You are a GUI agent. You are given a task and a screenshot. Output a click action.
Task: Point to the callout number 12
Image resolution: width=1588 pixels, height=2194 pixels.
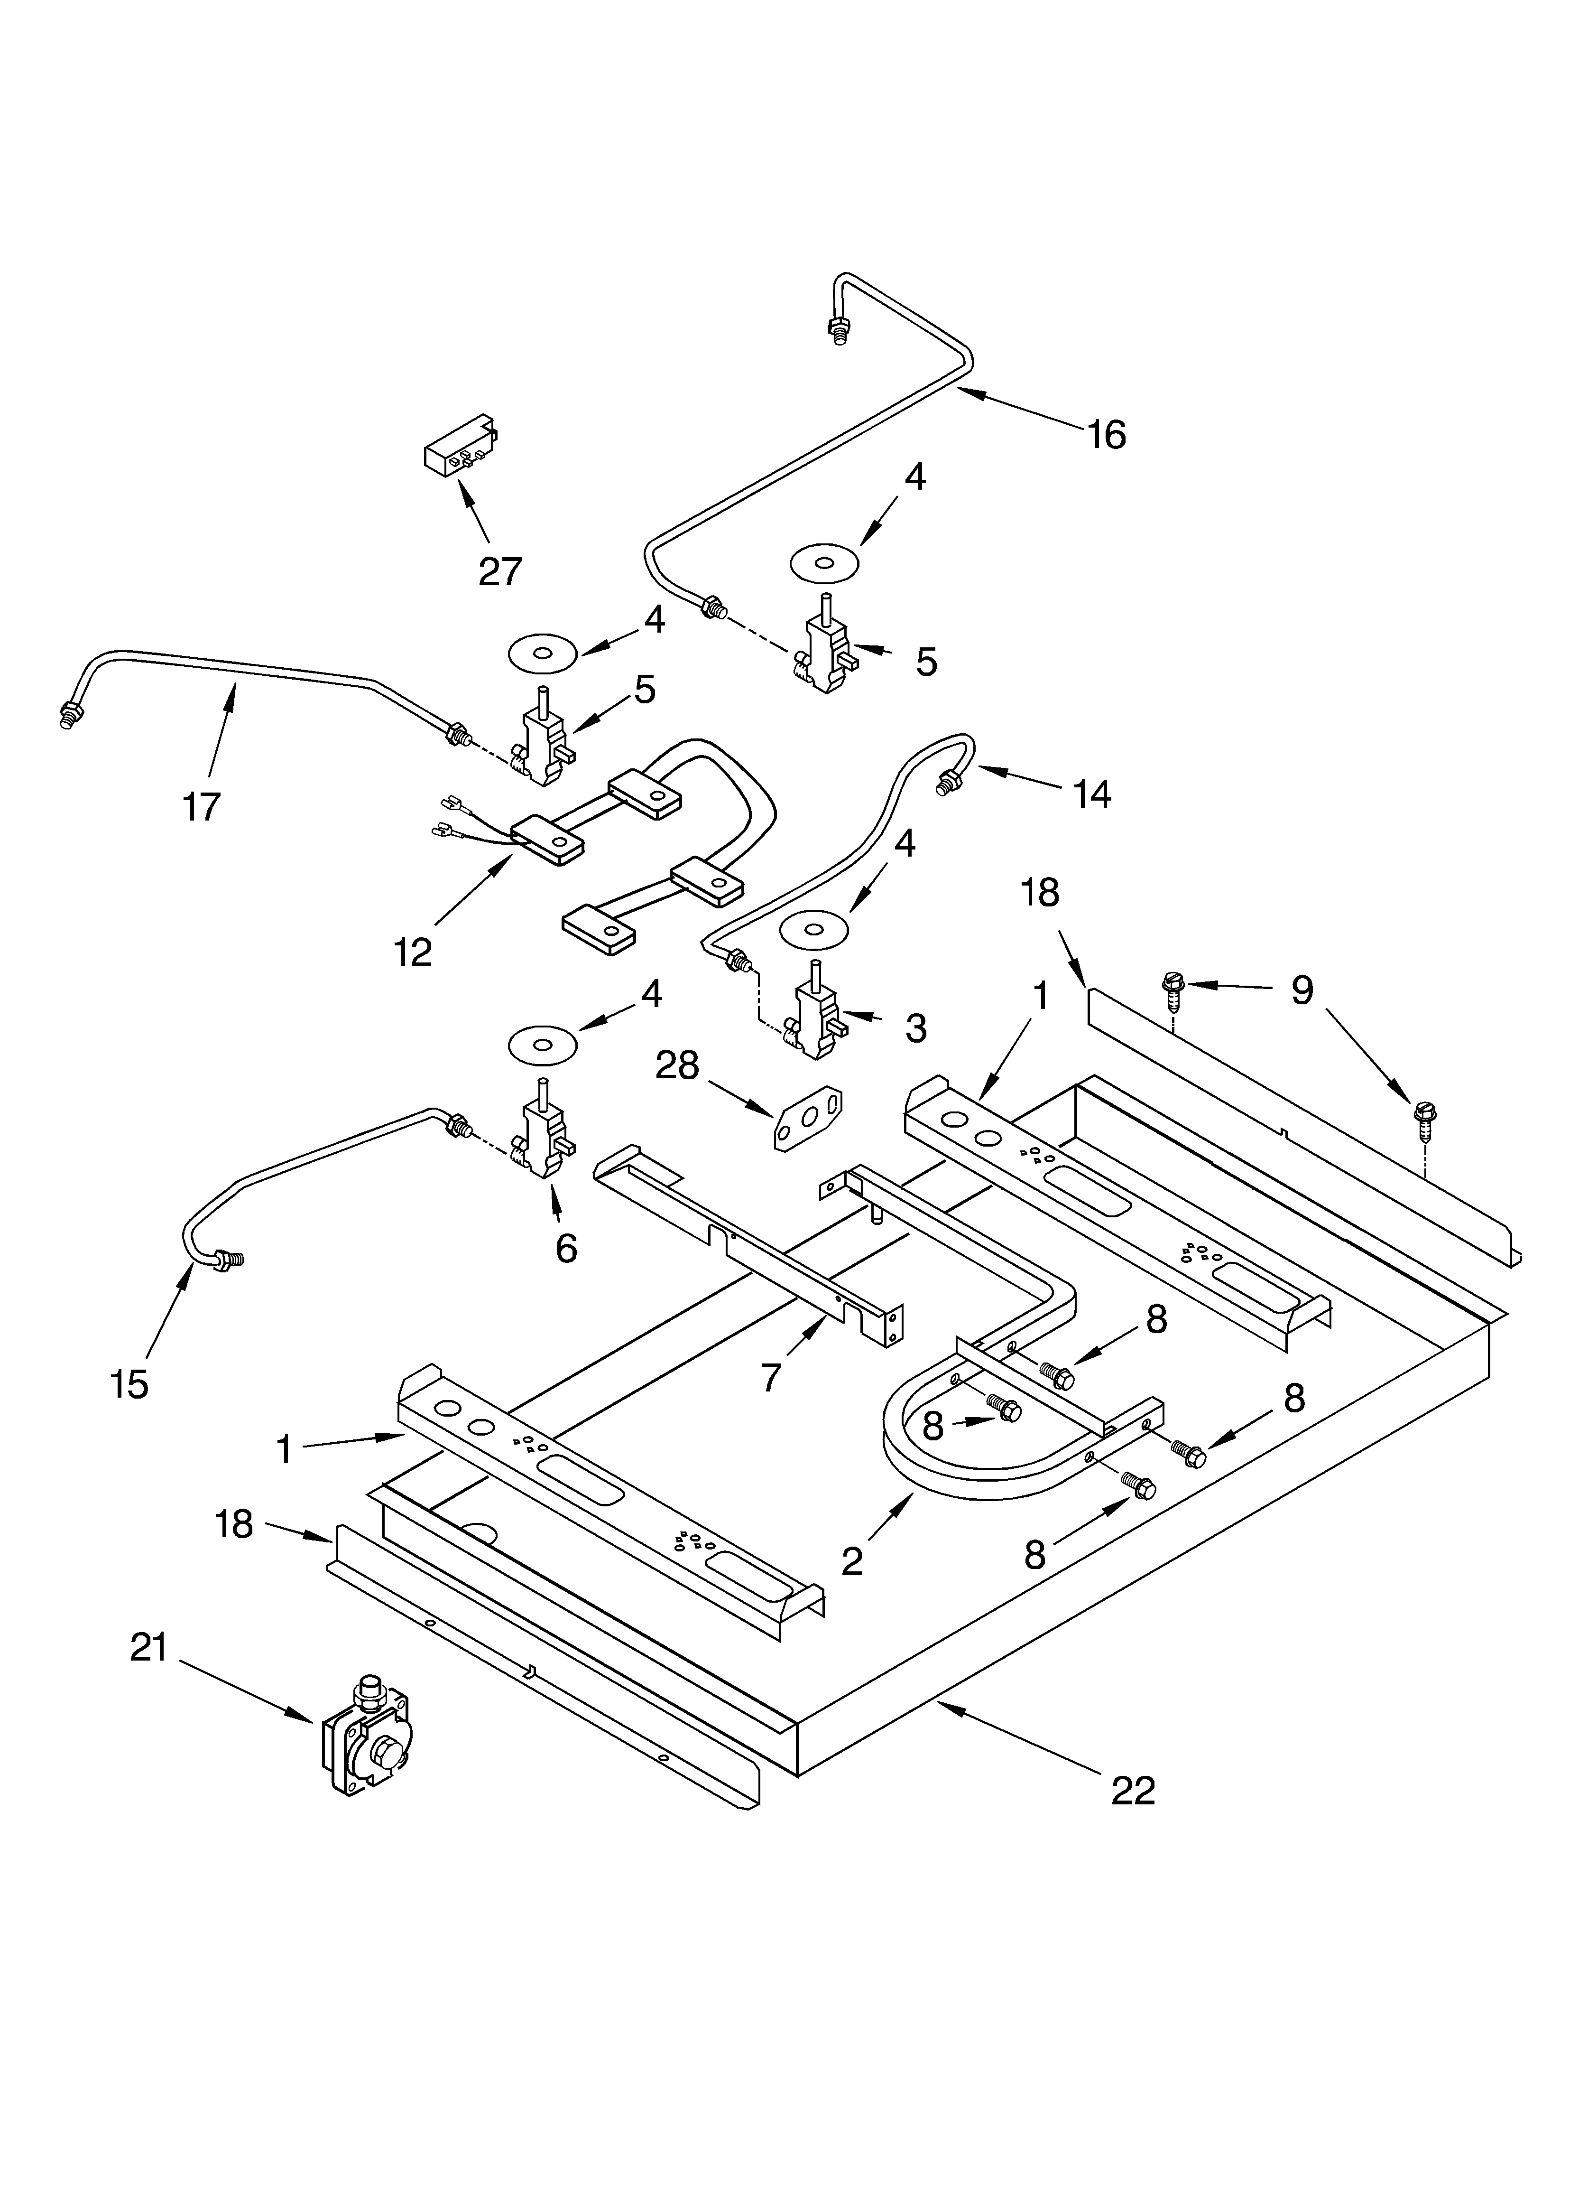(x=413, y=952)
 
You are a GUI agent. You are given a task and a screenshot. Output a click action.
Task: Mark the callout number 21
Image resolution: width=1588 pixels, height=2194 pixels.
(x=149, y=1647)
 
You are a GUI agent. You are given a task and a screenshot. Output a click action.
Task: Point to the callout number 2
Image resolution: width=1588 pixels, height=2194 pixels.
(x=851, y=1560)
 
